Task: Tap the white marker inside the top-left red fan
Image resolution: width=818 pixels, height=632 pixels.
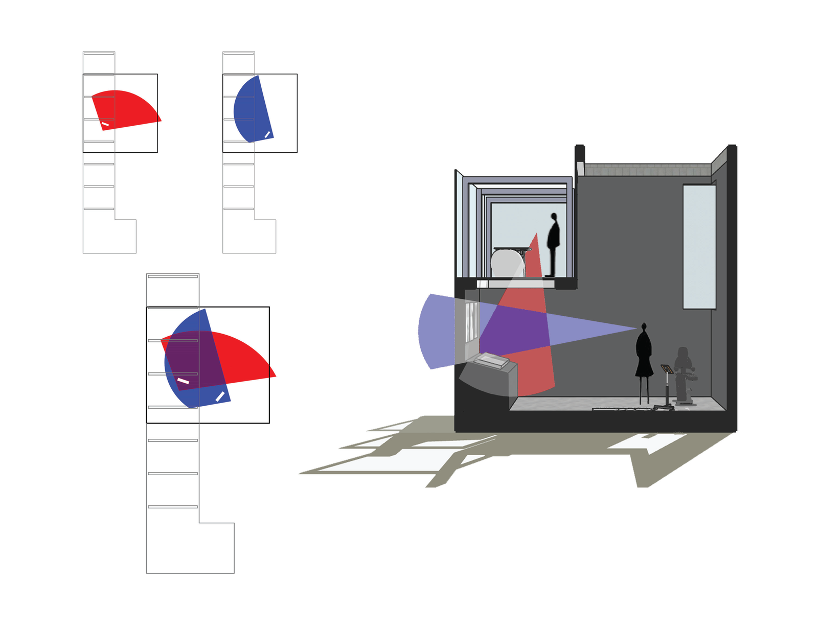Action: (x=105, y=124)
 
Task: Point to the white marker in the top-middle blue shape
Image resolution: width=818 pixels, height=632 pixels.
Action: (x=267, y=134)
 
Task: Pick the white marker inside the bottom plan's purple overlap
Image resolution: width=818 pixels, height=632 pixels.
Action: (x=183, y=381)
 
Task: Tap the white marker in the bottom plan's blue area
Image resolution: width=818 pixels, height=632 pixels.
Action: (x=220, y=396)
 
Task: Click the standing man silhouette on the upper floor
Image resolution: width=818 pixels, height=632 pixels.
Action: (x=553, y=245)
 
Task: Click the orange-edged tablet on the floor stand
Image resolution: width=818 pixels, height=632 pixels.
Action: (x=666, y=368)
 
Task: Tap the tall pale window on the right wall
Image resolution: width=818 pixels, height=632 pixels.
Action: (x=699, y=247)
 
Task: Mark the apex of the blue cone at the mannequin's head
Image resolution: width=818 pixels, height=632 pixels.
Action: (x=638, y=328)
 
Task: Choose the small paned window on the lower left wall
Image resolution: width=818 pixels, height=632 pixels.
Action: (x=471, y=322)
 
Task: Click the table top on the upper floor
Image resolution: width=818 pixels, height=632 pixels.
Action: (x=511, y=249)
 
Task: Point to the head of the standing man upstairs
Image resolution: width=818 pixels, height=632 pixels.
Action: (x=554, y=217)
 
